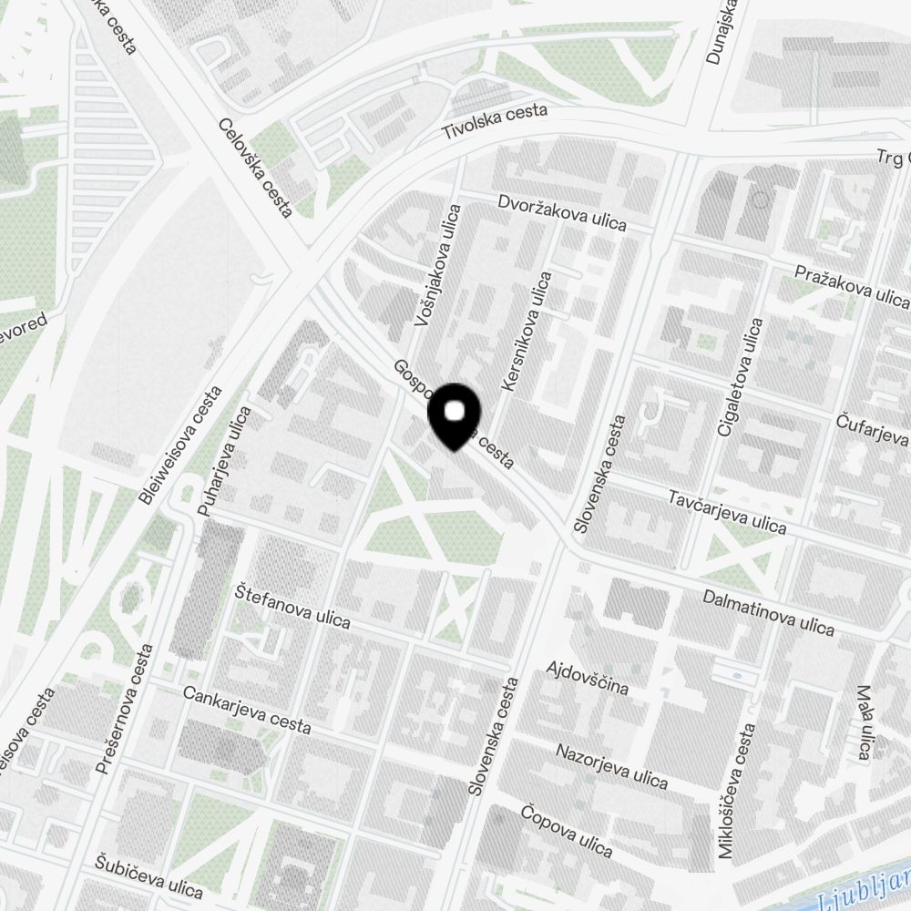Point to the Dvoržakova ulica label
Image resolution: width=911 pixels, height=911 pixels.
[x=562, y=212]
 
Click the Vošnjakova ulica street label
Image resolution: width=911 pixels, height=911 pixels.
[x=436, y=265]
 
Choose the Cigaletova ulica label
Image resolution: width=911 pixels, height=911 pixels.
[x=739, y=376]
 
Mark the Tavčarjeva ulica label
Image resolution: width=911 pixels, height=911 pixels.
[x=727, y=511]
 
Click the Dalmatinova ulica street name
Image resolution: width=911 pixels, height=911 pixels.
[x=769, y=612]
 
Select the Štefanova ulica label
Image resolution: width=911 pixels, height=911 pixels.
[x=292, y=606]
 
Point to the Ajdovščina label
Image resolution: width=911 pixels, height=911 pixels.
[x=587, y=679]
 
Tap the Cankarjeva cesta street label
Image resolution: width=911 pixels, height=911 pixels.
[x=247, y=710]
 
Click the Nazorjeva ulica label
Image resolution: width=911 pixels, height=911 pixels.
[x=612, y=765]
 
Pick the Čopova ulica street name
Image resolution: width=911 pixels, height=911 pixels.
[x=566, y=830]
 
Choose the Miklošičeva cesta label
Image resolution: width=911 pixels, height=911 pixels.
[x=738, y=791]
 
